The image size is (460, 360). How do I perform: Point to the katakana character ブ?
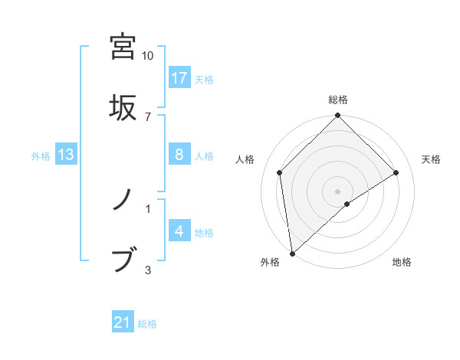tap(123, 259)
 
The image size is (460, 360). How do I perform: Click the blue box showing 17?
tap(179, 78)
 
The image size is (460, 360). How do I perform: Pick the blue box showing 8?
tap(179, 155)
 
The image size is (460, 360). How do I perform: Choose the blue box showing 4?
tap(179, 231)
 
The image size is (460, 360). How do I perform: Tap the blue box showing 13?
tap(66, 155)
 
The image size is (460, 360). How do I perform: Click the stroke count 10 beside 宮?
tap(148, 56)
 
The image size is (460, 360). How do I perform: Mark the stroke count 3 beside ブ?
tap(148, 269)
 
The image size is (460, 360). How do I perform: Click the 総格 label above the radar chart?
tap(338, 100)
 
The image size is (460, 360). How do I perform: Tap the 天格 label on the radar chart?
tap(432, 159)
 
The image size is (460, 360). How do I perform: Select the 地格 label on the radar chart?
tap(402, 263)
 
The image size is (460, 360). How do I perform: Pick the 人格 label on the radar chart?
tap(245, 159)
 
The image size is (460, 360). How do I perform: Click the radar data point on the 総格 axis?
tap(338, 116)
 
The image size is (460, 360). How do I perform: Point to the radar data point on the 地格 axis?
tap(347, 204)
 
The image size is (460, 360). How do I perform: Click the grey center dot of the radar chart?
tap(338, 191)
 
